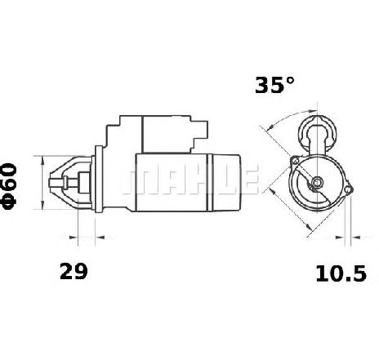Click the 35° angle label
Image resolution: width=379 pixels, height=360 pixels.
(274, 85)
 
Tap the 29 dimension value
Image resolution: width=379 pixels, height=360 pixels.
(74, 271)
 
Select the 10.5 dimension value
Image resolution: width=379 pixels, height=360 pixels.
(341, 273)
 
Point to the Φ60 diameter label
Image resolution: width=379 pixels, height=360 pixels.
(9, 186)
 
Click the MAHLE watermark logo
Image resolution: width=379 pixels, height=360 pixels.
(189, 180)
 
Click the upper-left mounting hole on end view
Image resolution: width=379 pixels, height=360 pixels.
(295, 162)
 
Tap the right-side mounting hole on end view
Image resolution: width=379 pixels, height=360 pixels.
(347, 189)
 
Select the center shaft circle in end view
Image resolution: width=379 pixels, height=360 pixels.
(317, 182)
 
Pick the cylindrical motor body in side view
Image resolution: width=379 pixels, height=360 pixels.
(188, 182)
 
